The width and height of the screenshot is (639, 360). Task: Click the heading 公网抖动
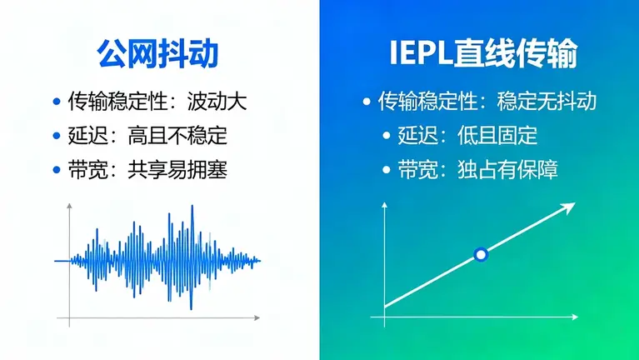pos(157,54)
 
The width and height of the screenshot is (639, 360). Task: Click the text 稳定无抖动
pos(547,102)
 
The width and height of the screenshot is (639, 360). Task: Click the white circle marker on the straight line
pos(480,255)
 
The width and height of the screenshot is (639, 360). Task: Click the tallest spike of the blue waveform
pos(193,208)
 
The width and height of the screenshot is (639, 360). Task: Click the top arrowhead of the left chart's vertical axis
pos(68,205)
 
